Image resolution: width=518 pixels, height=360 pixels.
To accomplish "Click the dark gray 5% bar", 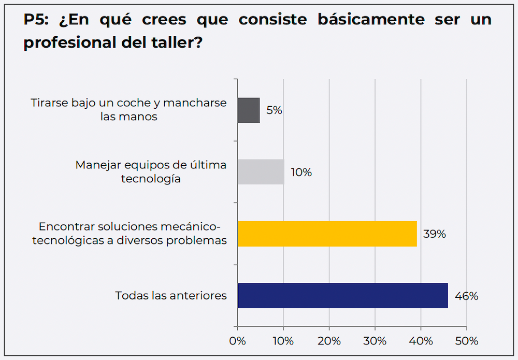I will pos(249,110).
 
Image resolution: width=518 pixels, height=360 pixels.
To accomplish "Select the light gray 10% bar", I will pos(261,172).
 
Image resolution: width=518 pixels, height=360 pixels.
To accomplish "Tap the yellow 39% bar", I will pos(327,234).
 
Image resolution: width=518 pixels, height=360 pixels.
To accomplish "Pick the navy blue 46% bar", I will pos(342,296).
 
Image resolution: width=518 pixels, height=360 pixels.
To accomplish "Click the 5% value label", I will pos(274,110).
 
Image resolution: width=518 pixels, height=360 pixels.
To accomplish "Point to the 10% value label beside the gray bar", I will pos(301,172).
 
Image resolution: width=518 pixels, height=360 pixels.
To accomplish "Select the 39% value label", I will pos(434,234).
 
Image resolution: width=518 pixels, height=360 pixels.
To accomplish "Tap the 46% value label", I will pos(466,296).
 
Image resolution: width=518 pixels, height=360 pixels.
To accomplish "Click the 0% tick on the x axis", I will pos(237,341).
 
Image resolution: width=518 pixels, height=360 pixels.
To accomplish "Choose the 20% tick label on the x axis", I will pos(329,341).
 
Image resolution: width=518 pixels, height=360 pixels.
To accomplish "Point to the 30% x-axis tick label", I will pos(375,341).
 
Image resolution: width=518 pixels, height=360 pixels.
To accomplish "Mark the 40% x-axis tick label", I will pos(421,341).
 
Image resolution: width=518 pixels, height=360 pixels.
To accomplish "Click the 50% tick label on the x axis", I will pos(466,341).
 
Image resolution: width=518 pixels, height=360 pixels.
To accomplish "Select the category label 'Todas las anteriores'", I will pos(171,296).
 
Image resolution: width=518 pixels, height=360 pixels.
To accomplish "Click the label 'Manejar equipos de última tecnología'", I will pos(151,171).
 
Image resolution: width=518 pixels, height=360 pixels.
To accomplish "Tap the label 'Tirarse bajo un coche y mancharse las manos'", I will pos(129,109).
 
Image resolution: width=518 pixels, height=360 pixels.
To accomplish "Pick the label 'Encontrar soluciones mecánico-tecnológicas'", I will pos(129,234).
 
